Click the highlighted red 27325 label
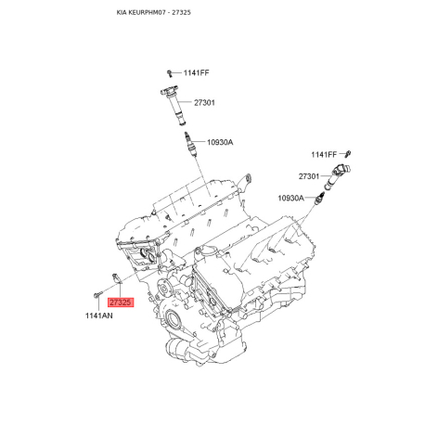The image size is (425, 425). [121, 303]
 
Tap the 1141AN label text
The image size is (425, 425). [99, 316]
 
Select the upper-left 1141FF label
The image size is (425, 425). [196, 72]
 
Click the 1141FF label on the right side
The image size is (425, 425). [324, 155]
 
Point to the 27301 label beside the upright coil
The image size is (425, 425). [204, 103]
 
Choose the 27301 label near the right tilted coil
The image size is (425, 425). [309, 176]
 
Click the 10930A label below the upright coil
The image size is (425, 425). [220, 142]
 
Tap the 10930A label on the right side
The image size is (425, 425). [290, 198]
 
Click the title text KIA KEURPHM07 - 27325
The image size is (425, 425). [153, 12]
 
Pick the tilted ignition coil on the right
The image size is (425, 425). [337, 177]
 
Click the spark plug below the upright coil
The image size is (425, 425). [189, 145]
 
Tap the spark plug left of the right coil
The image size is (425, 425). [319, 199]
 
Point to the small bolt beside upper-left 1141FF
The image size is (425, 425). [170, 73]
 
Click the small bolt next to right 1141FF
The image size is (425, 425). [348, 153]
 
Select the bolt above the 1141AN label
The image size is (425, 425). [97, 295]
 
